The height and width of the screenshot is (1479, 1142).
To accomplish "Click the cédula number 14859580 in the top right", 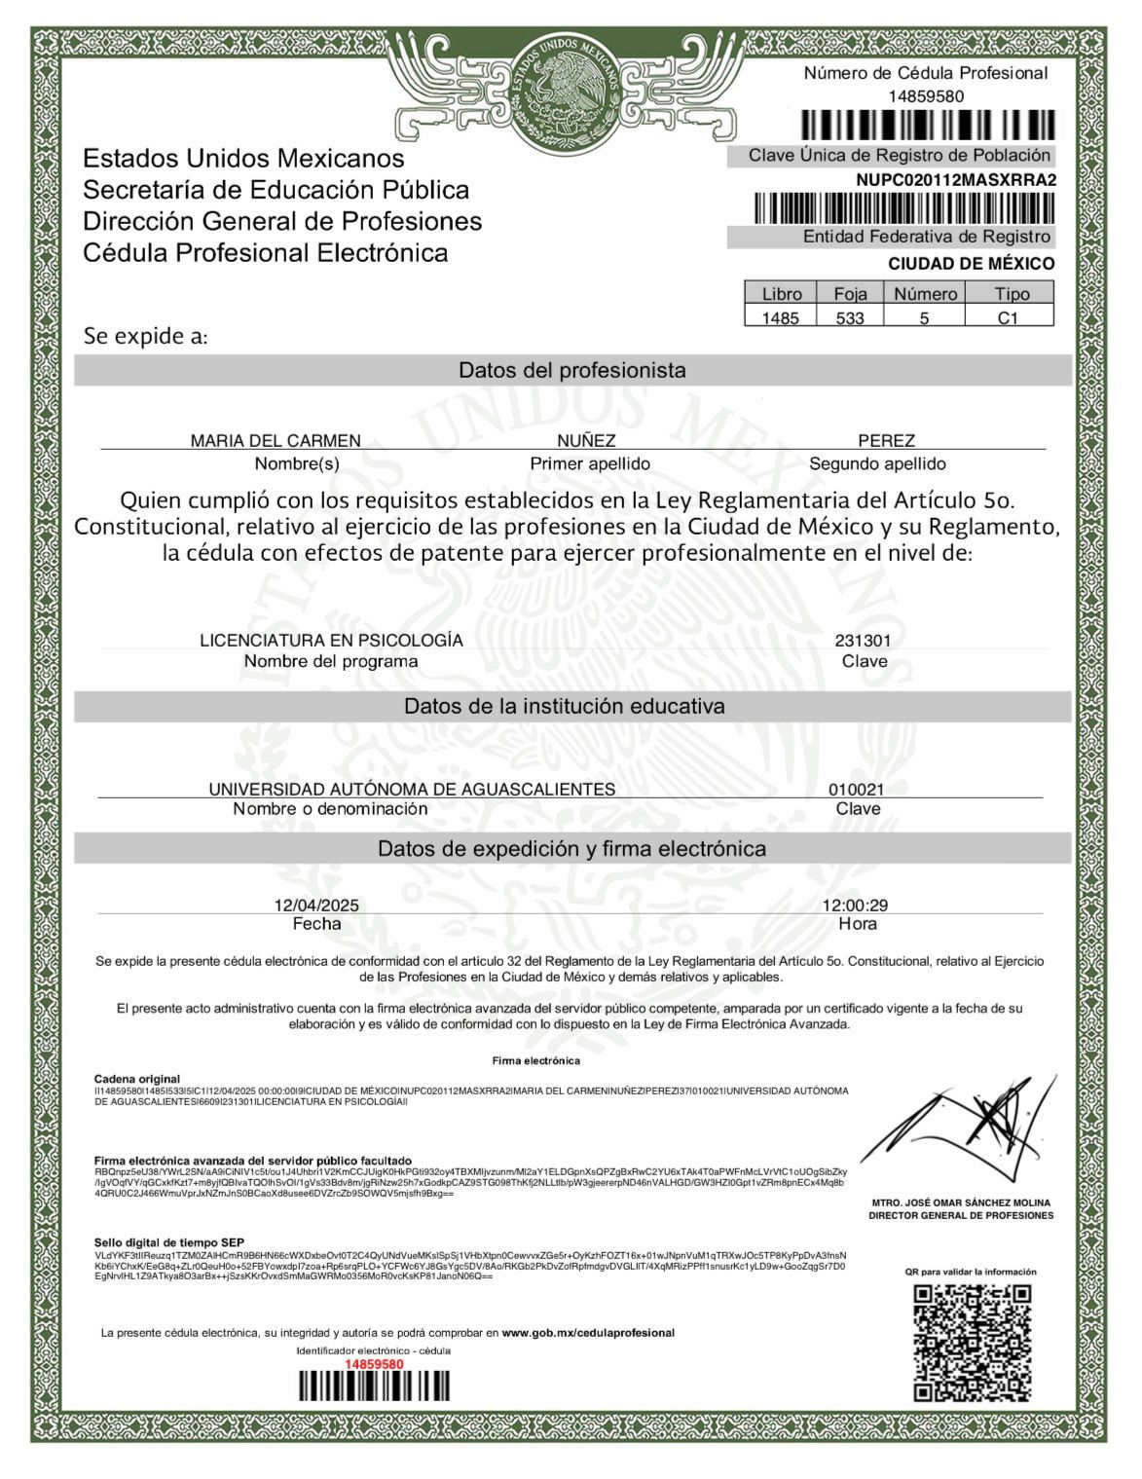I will point(926,96).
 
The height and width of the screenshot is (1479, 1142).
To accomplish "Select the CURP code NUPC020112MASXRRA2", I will point(956,180).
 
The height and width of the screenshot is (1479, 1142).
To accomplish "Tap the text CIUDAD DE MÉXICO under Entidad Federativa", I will point(971,264).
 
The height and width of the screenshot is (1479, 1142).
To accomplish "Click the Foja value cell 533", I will point(850,317).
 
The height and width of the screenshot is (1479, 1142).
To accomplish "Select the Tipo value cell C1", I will point(1008,317).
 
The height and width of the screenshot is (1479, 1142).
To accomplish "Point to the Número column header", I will point(925,294).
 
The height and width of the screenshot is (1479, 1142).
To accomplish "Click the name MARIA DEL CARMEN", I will point(276,441).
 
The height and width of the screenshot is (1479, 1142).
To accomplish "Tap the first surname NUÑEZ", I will point(586,441).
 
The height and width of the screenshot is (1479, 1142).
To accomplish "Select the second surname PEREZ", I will point(886,441).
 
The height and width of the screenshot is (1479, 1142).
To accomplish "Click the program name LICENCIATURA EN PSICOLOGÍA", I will point(331,641).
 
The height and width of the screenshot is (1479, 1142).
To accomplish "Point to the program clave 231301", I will point(863,641).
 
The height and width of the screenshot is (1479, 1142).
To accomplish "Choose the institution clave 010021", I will point(857,790).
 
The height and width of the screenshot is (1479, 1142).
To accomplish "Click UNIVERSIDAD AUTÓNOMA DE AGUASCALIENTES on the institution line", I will point(412,790).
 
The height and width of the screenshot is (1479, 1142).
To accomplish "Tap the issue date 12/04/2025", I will point(316,906).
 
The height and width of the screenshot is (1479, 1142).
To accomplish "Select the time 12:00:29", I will point(856,906).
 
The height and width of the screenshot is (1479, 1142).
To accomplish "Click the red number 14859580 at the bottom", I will point(374,1364).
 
